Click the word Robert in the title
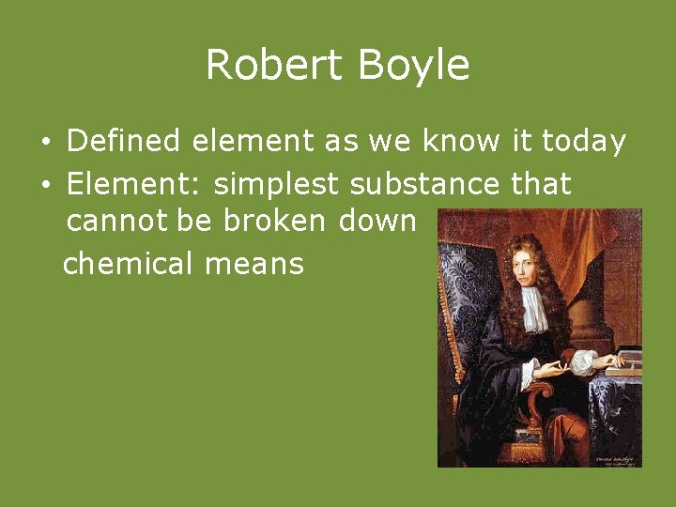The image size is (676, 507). click(265, 66)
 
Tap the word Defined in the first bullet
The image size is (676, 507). click(123, 142)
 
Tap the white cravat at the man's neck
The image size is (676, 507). click(534, 310)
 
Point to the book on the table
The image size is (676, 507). click(623, 361)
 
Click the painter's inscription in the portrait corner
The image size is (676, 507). click(618, 458)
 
